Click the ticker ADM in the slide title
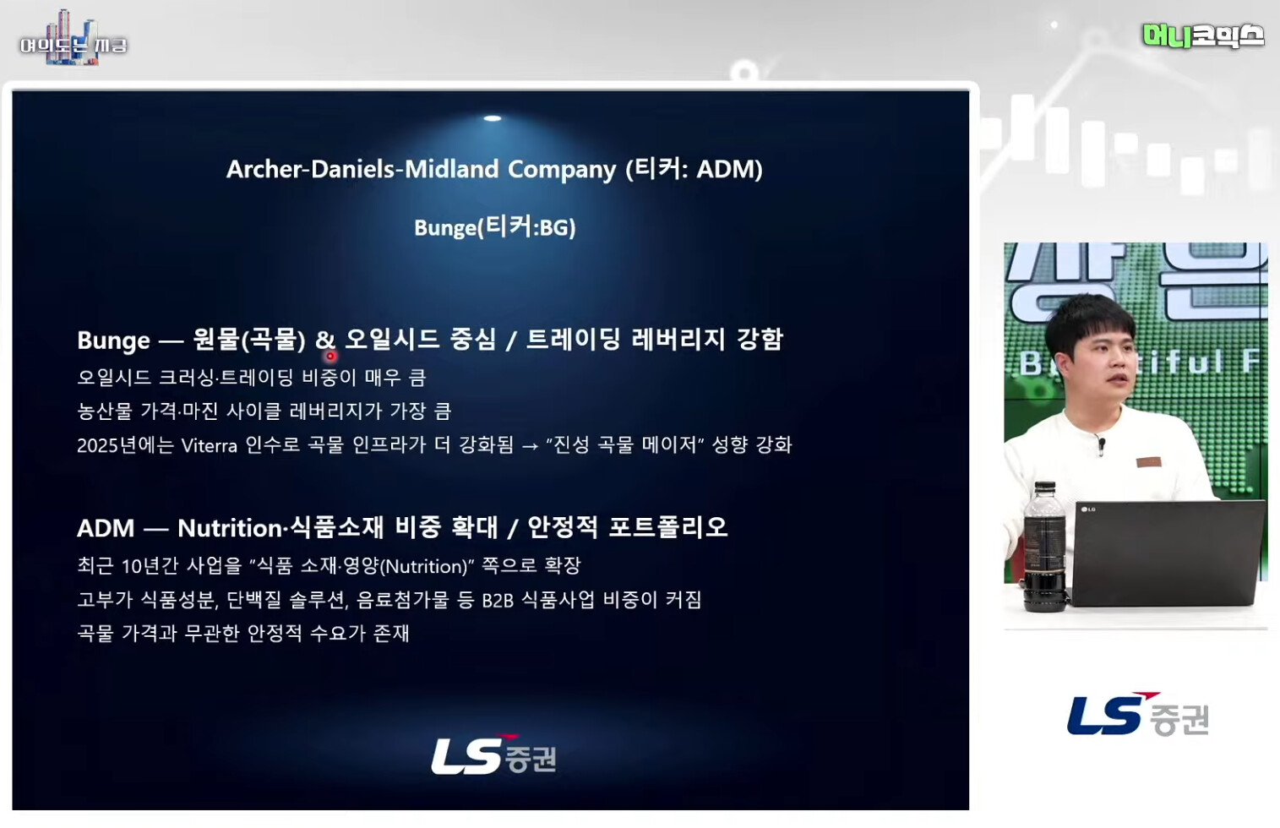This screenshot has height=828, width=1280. coord(725,169)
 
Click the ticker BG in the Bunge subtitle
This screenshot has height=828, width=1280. coord(553,228)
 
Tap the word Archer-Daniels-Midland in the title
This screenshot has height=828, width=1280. coord(362,169)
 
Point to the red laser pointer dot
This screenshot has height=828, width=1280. coord(330,356)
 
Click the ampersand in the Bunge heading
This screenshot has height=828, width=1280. coord(324,340)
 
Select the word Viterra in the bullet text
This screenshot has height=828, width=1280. coord(209,445)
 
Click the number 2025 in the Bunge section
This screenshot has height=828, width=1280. coord(97,445)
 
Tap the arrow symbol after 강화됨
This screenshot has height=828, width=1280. coord(530,446)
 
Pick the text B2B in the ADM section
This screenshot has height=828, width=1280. coord(497,601)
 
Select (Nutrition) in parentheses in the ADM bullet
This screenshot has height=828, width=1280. coord(428,566)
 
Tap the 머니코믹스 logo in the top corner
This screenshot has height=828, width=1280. coord(1202,35)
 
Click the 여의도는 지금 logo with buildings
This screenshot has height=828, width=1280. coord(74,39)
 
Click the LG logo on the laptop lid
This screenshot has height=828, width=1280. coord(1087,509)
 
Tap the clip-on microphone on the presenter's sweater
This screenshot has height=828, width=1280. coord(1101,445)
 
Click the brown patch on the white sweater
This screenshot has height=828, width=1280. coord(1148,462)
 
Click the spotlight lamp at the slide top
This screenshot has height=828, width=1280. coord(493,118)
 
